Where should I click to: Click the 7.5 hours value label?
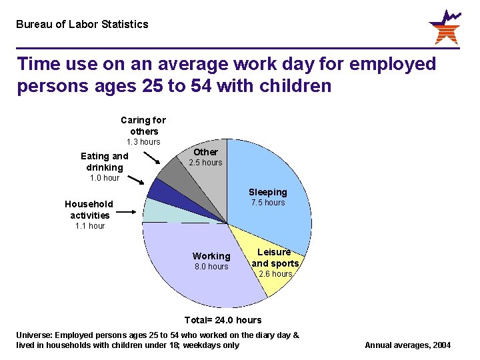click(268, 203)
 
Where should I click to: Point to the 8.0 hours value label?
click(211, 267)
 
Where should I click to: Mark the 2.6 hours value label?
click(275, 274)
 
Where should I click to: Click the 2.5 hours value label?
click(206, 163)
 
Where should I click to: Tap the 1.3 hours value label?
click(143, 142)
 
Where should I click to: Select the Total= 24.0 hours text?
click(223, 320)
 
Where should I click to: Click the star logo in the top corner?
click(444, 27)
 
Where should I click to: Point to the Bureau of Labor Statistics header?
click(82, 25)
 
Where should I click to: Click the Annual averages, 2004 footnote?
click(407, 345)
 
